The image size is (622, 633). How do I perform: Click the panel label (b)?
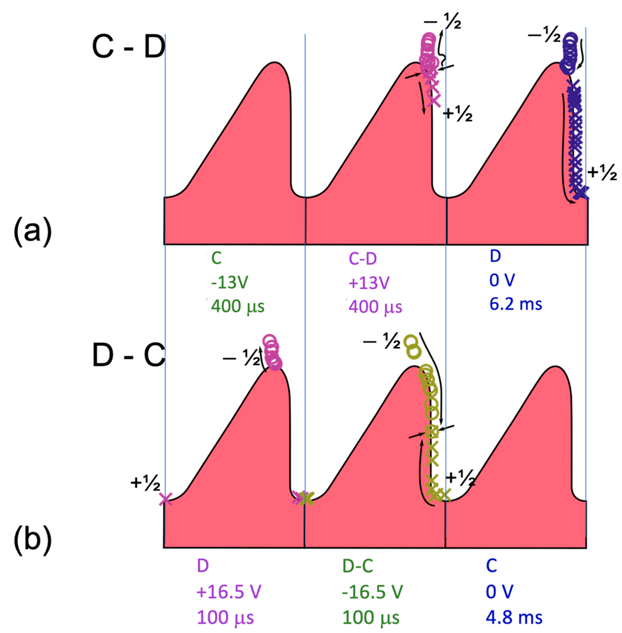coord(33,539)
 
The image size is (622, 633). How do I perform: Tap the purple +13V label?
coord(369,282)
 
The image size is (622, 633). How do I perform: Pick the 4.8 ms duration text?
coord(514,617)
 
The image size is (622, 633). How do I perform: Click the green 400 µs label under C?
coord(238,306)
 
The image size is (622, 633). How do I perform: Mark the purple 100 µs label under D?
coord(225,617)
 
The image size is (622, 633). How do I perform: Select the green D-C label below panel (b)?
coord(358,566)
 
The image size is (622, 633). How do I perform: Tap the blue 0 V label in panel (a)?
coord(502,280)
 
